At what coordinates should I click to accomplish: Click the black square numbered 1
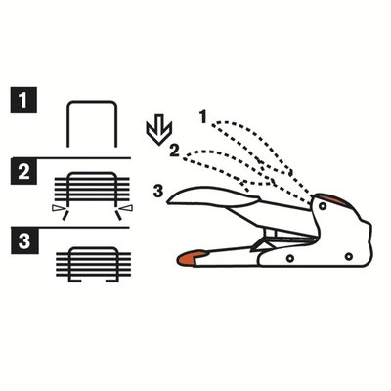[x=23, y=100]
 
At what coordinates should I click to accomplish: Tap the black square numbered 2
[x=23, y=171]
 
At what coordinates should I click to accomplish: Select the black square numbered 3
[x=24, y=240]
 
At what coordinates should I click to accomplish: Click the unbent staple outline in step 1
[x=92, y=102]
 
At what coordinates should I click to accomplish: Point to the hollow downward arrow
[x=158, y=133]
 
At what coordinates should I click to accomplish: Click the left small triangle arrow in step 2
[x=58, y=208]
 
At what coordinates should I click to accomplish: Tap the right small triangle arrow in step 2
[x=126, y=208]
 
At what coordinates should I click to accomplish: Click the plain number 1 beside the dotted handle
[x=203, y=117]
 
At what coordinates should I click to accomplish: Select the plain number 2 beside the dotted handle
[x=174, y=152]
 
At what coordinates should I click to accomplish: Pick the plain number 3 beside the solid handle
[x=158, y=192]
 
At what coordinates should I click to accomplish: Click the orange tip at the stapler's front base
[x=192, y=257]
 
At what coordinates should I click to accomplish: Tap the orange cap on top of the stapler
[x=330, y=199]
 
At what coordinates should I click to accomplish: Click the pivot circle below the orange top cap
[x=323, y=206]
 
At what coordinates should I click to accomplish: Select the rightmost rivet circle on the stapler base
[x=349, y=257]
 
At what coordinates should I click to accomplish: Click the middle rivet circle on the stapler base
[x=289, y=259]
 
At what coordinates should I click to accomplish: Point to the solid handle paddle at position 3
[x=212, y=196]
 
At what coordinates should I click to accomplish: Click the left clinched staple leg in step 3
[x=74, y=281]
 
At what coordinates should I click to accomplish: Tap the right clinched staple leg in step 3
[x=111, y=281]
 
